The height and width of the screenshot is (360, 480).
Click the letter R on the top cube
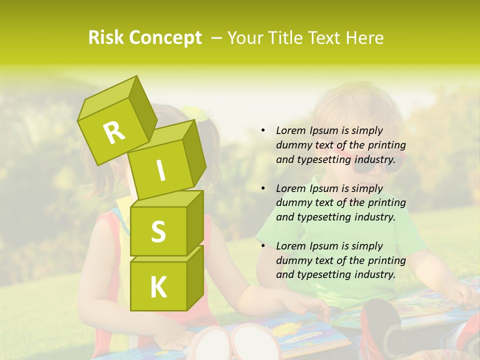114,132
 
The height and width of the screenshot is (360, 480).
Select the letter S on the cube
158,231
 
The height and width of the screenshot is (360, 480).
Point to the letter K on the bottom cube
158,287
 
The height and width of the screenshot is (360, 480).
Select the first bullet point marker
263,131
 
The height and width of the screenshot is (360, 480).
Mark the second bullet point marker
263,188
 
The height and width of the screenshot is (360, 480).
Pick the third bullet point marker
263,246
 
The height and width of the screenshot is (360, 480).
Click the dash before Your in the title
217,37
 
